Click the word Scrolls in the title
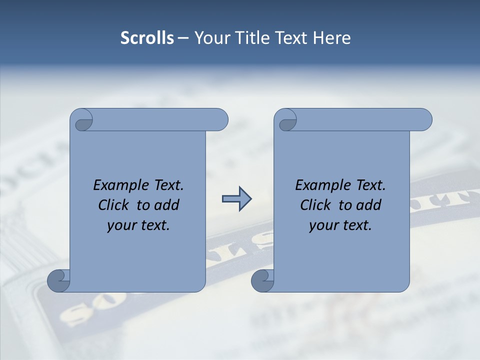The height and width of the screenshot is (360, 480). [x=147, y=38]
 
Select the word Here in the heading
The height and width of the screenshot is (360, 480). [x=331, y=38]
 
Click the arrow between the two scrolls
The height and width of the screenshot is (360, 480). [x=236, y=199]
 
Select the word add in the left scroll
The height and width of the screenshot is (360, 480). [x=167, y=205]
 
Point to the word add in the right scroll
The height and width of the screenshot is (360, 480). [x=369, y=205]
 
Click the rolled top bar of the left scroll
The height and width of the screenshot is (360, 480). [x=160, y=119]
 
